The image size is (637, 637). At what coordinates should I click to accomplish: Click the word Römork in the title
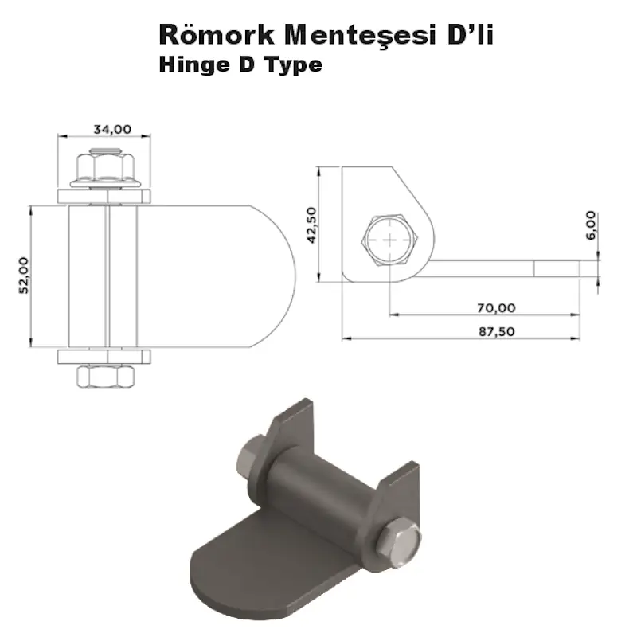(x=209, y=36)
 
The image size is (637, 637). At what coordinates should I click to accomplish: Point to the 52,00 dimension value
(x=25, y=276)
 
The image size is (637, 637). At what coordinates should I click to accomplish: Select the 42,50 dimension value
(x=311, y=224)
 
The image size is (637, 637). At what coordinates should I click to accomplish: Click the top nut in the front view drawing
(x=104, y=166)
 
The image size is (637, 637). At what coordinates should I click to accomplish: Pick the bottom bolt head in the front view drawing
(x=104, y=376)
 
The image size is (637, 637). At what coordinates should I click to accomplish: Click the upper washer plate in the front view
(x=104, y=196)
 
